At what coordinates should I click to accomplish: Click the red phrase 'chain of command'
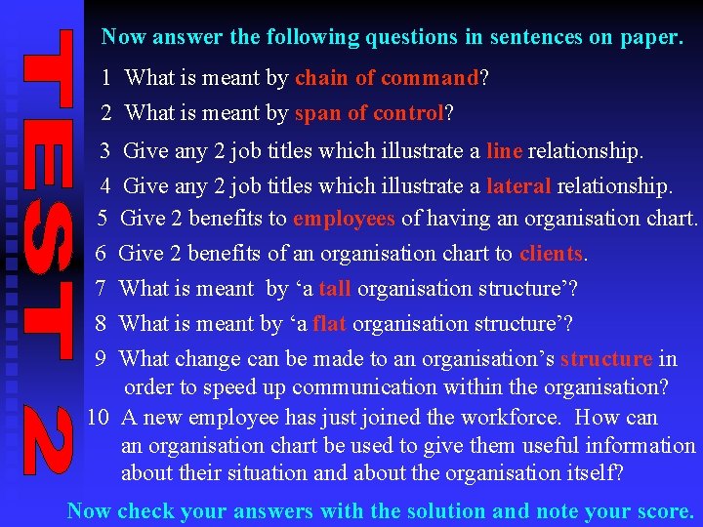pyautogui.click(x=387, y=77)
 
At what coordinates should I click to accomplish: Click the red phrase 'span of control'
pyautogui.click(x=369, y=113)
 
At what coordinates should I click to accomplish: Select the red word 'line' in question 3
pyautogui.click(x=504, y=151)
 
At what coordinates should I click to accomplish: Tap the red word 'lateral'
pyautogui.click(x=518, y=185)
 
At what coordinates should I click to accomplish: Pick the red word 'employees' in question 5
pyautogui.click(x=344, y=218)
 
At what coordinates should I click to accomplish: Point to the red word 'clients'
pyautogui.click(x=551, y=254)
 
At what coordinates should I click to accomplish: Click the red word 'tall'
pyautogui.click(x=335, y=289)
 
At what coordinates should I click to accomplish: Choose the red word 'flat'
pyautogui.click(x=330, y=324)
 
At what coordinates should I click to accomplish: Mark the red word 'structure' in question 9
pyautogui.click(x=605, y=359)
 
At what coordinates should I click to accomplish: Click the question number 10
pyautogui.click(x=98, y=418)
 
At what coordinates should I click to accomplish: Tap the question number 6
pyautogui.click(x=101, y=254)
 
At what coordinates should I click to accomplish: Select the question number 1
pyautogui.click(x=105, y=77)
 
